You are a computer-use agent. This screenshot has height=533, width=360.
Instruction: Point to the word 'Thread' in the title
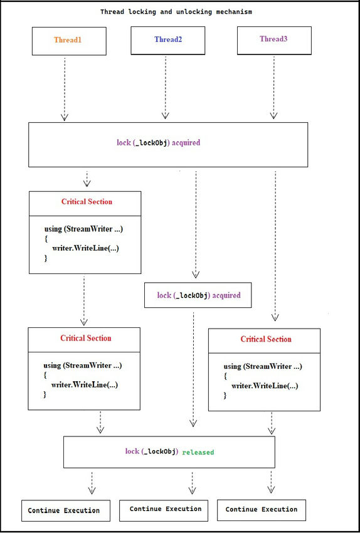tap(114, 12)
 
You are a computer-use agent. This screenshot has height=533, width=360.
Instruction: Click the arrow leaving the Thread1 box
tap(63, 88)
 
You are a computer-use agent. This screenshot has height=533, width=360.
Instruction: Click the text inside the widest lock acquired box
tap(158, 142)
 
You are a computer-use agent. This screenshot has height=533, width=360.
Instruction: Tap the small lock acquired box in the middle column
tap(198, 295)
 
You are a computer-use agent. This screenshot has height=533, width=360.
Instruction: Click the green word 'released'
tap(198, 451)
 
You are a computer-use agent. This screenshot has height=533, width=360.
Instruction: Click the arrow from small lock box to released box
tap(193, 370)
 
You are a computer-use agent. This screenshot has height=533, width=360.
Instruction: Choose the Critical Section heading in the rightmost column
tap(266, 339)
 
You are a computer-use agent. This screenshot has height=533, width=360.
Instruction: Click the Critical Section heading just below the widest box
tap(87, 201)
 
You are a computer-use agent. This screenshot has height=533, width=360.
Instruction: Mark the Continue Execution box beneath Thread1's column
tap(65, 510)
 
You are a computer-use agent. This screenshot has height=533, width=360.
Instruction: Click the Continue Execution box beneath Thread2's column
tap(166, 509)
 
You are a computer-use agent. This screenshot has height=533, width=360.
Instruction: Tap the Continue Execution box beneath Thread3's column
tap(262, 510)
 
